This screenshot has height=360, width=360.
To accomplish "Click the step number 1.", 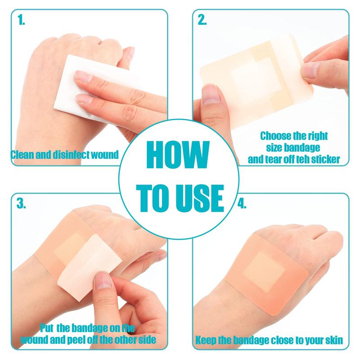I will tap(21, 20).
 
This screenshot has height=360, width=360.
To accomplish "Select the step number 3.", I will tap(21, 203).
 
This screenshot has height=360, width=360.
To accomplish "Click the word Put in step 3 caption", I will tap(47, 328).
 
